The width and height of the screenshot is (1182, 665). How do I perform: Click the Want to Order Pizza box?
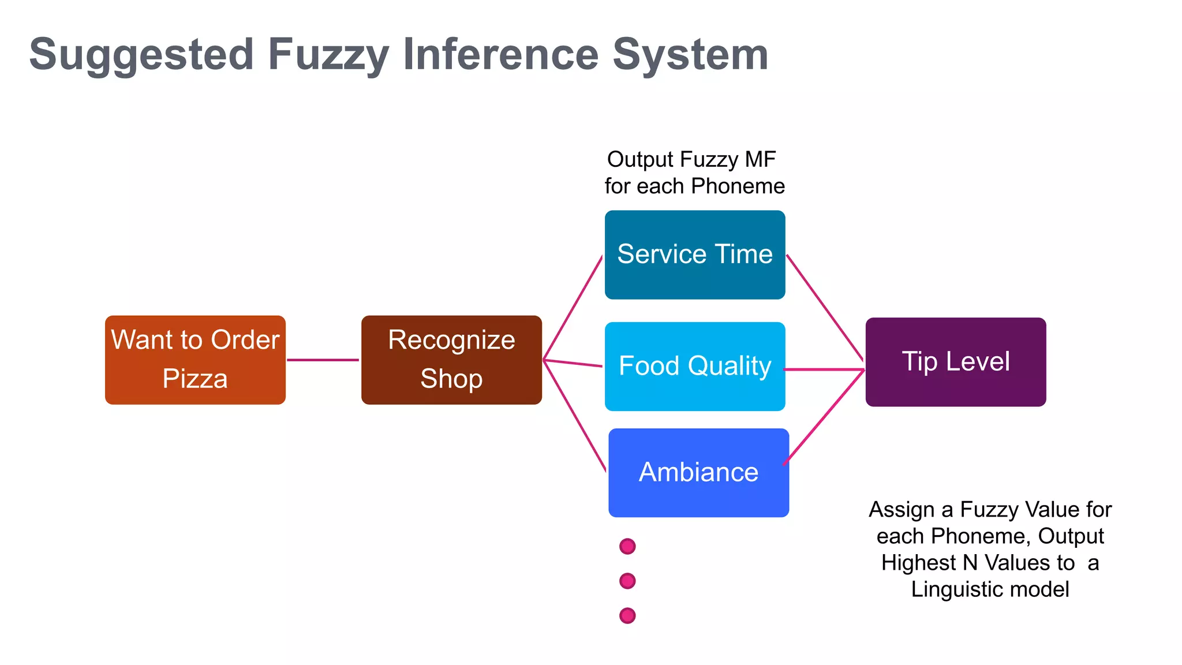(195, 360)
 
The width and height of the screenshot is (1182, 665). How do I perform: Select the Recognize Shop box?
(451, 360)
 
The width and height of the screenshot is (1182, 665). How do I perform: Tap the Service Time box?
(695, 255)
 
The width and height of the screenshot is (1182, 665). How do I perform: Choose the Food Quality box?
(695, 367)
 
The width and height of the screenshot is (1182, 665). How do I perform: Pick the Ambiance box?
(698, 473)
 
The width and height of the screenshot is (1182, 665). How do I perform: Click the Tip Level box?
(956, 362)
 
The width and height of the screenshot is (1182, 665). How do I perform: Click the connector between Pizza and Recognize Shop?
(323, 360)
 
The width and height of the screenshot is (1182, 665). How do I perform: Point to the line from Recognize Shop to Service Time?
(573, 308)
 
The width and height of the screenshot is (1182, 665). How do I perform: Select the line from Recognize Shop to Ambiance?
(575, 416)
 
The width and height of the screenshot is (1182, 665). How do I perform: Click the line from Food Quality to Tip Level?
(824, 369)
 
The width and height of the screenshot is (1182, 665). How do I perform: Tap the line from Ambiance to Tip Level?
(824, 417)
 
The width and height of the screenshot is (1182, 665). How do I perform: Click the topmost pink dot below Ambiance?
(627, 546)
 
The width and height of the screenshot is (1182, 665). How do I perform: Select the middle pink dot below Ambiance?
(627, 581)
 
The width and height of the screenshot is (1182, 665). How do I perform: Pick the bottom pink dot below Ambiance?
(627, 615)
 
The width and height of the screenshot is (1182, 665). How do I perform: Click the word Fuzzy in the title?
(328, 55)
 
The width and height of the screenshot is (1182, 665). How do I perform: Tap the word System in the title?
(690, 55)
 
